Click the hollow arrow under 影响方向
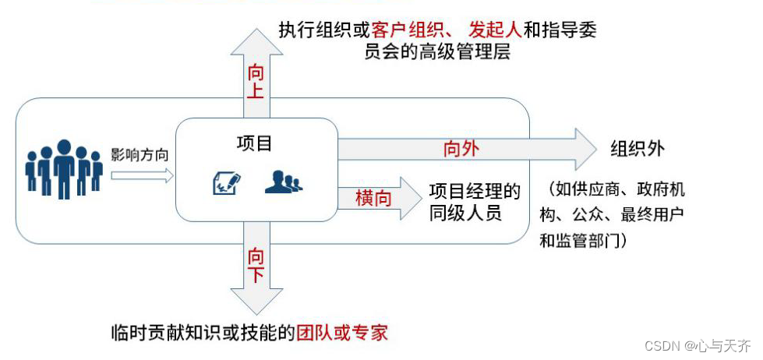[x=141, y=176]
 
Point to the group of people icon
[x=64, y=168]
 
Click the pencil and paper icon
[x=227, y=183]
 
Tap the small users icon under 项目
[x=283, y=182]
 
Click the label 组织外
[x=638, y=148]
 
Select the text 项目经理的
[x=475, y=190]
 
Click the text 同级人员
[x=465, y=212]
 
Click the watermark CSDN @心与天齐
[x=700, y=343]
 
